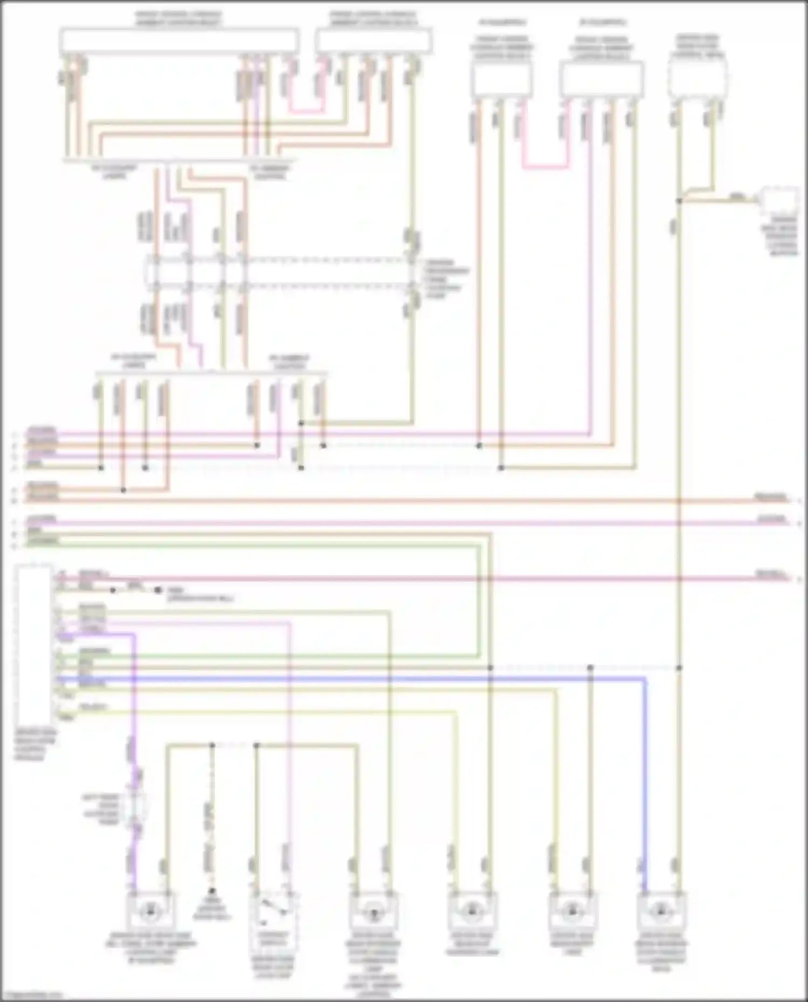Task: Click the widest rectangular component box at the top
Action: tap(179, 41)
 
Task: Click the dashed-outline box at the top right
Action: tap(698, 78)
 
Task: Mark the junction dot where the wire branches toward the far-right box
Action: tap(679, 201)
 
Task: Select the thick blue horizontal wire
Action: tap(350, 679)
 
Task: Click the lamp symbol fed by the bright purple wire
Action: tap(150, 912)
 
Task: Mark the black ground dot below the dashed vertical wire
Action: tap(212, 891)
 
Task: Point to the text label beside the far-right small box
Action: tap(779, 237)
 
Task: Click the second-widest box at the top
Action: tap(374, 41)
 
